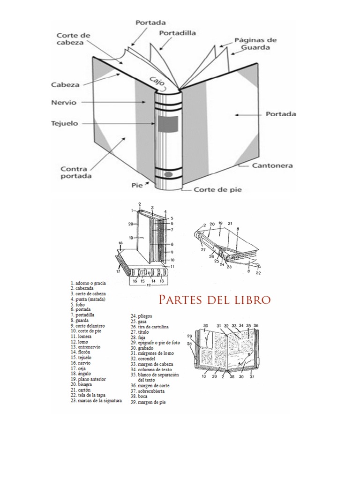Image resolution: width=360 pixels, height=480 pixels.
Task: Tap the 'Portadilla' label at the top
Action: (x=177, y=33)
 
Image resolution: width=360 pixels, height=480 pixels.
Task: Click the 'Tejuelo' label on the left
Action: (x=65, y=124)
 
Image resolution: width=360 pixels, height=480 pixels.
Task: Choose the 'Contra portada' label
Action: (x=76, y=172)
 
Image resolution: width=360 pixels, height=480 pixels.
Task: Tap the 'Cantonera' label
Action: (x=272, y=165)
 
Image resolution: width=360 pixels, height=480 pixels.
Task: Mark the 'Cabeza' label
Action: (x=65, y=85)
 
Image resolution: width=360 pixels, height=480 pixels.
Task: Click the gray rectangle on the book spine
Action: (x=167, y=123)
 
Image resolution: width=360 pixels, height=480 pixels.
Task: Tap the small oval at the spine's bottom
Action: (x=168, y=176)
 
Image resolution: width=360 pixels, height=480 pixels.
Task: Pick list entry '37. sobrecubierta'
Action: (x=150, y=391)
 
